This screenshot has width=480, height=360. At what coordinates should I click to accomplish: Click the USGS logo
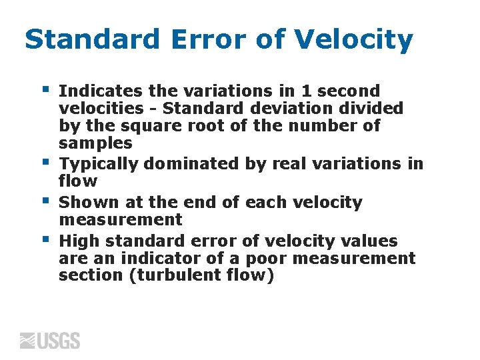point(50,341)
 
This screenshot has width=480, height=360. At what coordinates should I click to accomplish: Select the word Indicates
point(99,91)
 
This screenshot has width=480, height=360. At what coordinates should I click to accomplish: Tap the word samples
point(95,143)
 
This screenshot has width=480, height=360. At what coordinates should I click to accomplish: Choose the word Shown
point(85,203)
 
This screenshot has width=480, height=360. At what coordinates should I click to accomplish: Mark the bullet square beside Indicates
point(45,87)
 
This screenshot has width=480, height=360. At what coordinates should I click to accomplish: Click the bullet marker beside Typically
point(45,161)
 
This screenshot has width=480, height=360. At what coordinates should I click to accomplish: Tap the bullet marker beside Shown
point(45,199)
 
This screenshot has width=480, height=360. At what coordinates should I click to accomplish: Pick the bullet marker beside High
point(45,238)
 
